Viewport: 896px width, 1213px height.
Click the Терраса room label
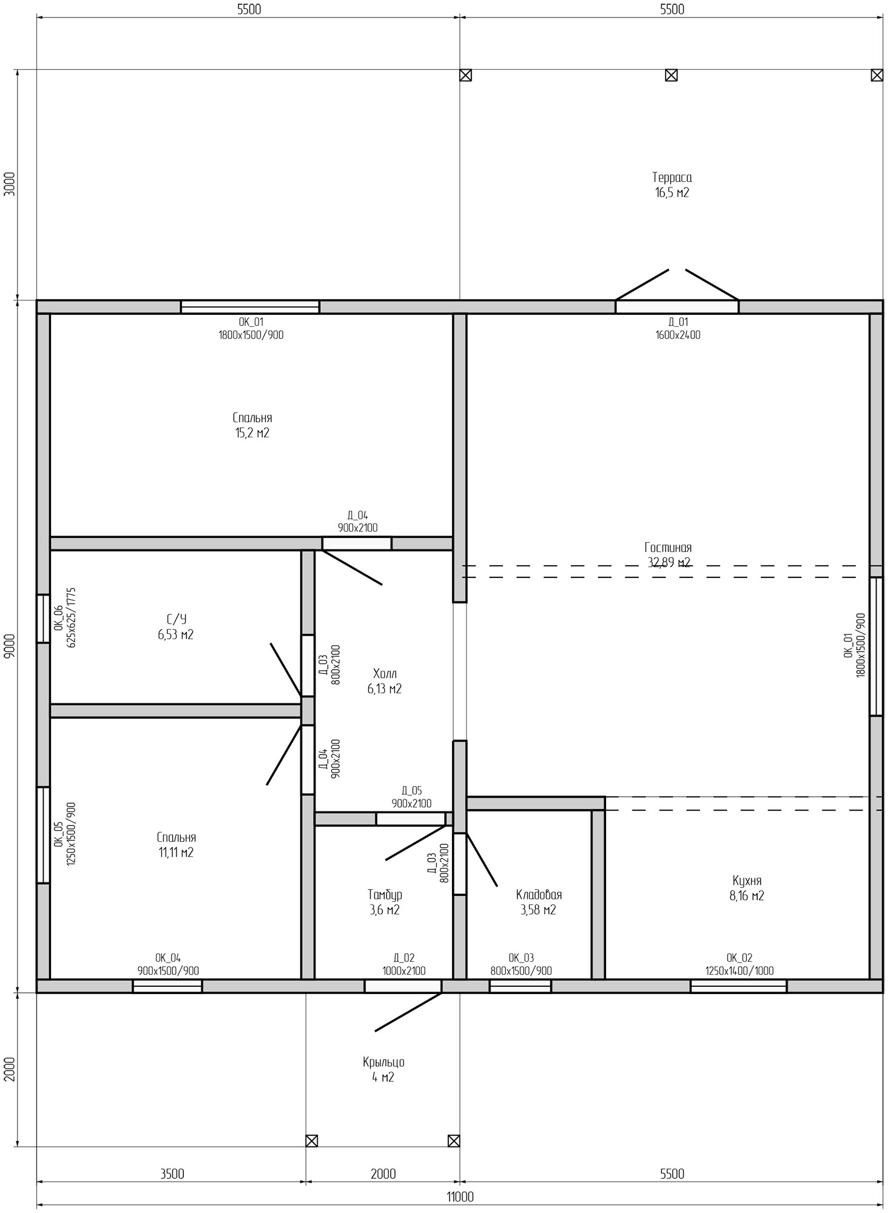(x=672, y=178)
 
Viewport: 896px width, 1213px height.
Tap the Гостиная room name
(x=668, y=548)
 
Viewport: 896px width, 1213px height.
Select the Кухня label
(x=746, y=881)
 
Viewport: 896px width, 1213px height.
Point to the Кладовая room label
(x=539, y=895)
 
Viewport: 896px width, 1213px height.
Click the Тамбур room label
(x=385, y=895)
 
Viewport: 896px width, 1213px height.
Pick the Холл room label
(x=385, y=674)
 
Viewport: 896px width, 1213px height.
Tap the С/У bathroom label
(x=176, y=619)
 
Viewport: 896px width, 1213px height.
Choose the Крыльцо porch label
(x=383, y=1063)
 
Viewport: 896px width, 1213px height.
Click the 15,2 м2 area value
(x=252, y=433)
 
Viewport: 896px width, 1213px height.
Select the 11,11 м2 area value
(x=176, y=853)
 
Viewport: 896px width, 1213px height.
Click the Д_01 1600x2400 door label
(x=678, y=328)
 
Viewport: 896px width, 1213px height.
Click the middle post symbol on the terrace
(x=671, y=75)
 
